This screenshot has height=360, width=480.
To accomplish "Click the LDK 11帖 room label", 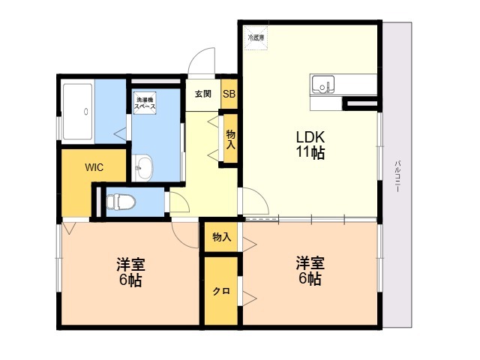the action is coord(310,145).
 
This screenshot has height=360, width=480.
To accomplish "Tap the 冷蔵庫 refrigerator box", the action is coord(256,38).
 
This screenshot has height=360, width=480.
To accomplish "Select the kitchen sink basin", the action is coord(323,84).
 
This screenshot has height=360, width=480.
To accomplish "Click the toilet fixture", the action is coord(121,202).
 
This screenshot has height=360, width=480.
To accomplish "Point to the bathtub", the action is coord(78,112).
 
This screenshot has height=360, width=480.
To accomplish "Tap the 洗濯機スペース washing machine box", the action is coord(145,103).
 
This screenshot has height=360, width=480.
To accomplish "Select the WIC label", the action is coord(94,167).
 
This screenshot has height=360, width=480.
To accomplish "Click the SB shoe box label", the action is coord(229,94).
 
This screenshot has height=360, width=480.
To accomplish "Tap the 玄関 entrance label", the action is coord(203,93).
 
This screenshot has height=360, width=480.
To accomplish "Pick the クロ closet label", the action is coord(221,291).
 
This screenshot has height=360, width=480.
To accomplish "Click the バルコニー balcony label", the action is coord(397,176).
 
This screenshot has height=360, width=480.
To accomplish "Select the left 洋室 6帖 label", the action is coord(130,272).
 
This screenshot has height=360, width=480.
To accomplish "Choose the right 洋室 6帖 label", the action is coord(310,271).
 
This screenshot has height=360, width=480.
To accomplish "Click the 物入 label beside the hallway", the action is coord(230,139).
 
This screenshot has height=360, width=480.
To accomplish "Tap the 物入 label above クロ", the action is coord(222,237).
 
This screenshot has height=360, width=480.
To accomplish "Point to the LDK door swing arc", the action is coord(261,196).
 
